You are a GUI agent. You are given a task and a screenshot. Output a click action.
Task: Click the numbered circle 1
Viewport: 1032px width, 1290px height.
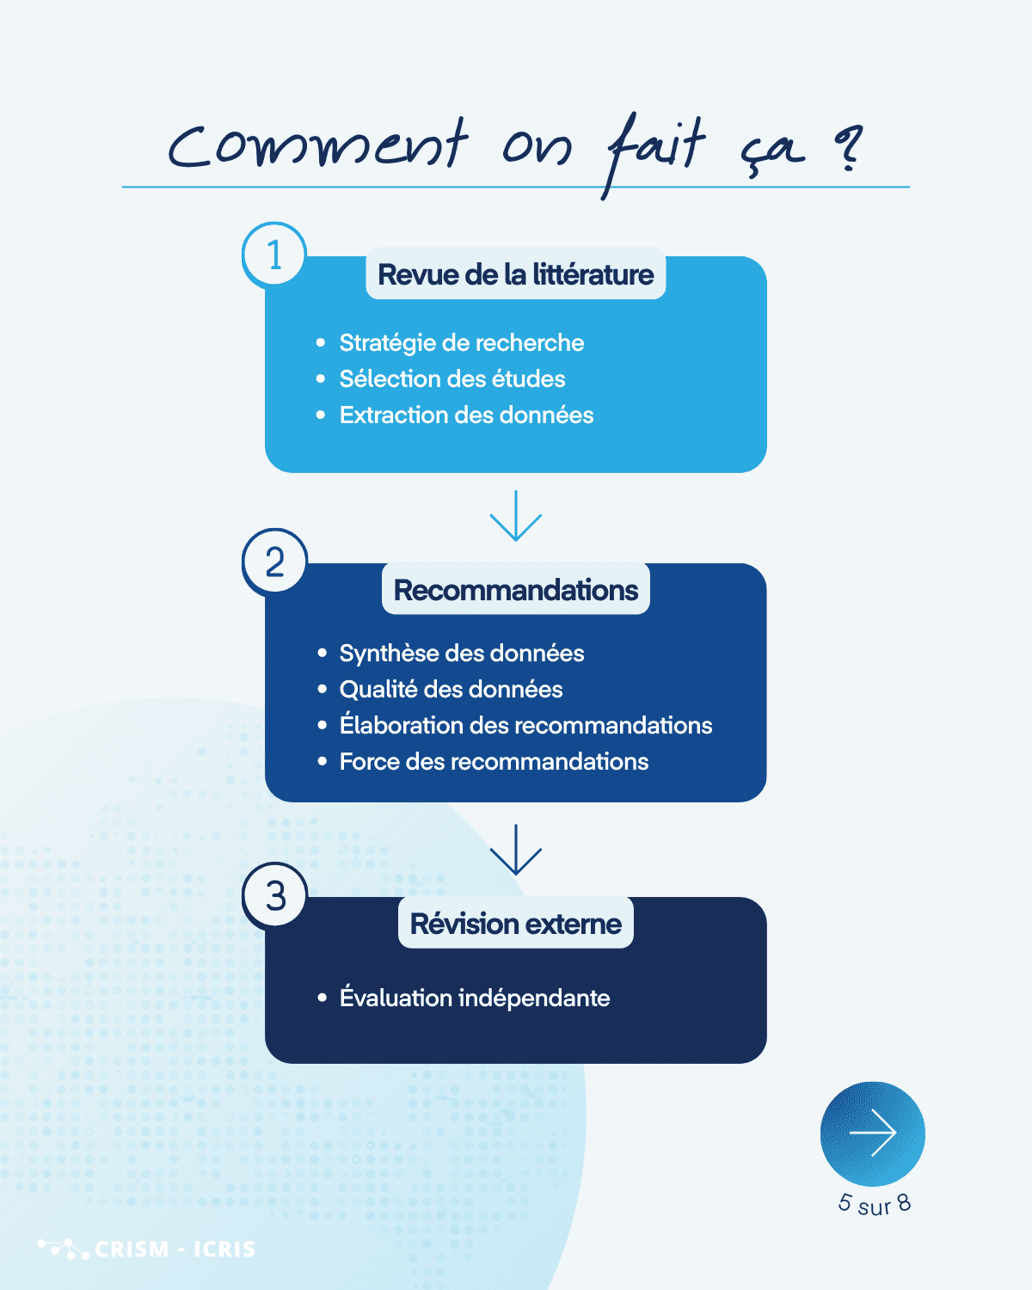click(x=274, y=255)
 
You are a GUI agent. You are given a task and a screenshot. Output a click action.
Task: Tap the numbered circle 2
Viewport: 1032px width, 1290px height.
click(x=274, y=562)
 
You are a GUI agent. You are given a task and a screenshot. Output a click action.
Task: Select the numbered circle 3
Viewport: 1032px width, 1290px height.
click(x=275, y=896)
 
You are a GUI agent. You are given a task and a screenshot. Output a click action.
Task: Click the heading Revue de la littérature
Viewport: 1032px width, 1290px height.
click(x=516, y=274)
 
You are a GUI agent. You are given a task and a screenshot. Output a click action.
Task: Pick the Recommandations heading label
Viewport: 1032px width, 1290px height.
click(x=516, y=590)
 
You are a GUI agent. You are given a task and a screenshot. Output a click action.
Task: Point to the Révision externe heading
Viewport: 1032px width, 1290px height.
click(x=516, y=924)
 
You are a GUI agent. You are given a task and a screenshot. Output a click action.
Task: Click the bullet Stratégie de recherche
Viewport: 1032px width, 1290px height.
click(x=461, y=343)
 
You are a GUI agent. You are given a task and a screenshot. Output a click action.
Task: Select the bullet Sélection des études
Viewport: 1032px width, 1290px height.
click(x=451, y=379)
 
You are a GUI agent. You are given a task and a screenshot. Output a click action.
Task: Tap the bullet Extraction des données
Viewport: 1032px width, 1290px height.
click(x=466, y=415)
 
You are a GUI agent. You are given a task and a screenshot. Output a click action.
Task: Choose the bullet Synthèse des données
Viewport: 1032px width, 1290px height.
click(x=461, y=654)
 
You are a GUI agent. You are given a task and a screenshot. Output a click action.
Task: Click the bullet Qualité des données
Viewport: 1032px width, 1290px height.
click(x=451, y=690)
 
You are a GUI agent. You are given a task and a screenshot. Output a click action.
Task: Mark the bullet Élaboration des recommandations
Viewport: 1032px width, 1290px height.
click(x=525, y=726)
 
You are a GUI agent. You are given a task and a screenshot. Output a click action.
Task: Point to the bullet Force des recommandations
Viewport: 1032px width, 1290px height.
click(x=494, y=762)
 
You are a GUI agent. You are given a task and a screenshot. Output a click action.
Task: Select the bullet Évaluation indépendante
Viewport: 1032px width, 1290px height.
click(x=474, y=998)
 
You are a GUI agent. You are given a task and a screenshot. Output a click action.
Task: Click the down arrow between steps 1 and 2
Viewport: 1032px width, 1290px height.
click(x=516, y=516)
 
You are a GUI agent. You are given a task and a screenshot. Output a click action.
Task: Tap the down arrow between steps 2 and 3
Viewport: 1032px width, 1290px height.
click(x=516, y=850)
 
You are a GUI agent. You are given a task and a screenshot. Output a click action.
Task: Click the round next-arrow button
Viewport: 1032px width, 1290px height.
click(x=873, y=1133)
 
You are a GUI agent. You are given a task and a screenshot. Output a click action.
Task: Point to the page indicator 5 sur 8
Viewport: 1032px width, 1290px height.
click(x=875, y=1204)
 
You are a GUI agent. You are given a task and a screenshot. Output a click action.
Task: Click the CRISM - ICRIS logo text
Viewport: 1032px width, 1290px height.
click(x=175, y=1249)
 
